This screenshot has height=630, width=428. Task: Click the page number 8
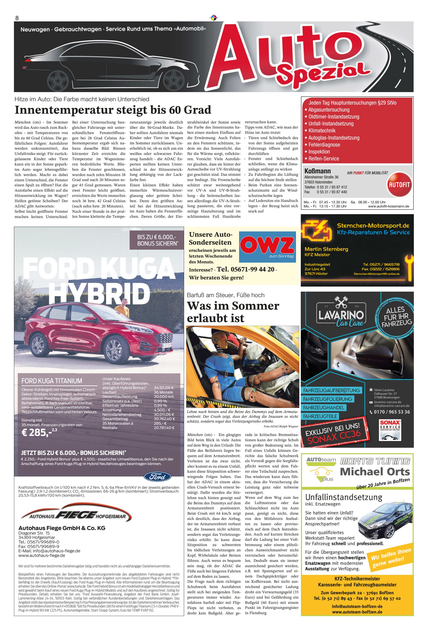point(17,18)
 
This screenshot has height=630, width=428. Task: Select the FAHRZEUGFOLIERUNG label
point(328,399)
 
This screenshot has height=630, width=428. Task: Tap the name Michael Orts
point(374,471)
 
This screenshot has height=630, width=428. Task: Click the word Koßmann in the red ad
point(317,171)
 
